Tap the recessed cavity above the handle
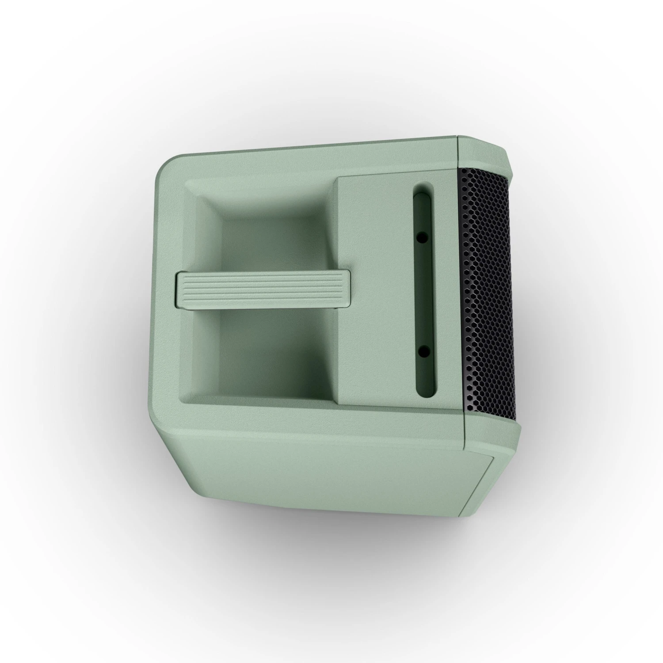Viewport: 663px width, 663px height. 270,230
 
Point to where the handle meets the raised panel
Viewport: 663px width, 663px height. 347,289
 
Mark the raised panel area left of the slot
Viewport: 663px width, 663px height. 376,287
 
